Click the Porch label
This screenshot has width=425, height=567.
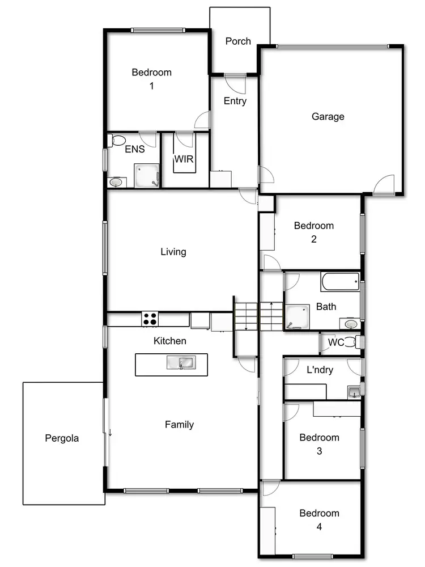238,41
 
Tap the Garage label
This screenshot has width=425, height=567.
328,117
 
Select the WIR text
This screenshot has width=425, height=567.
184,159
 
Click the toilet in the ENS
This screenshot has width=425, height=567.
118,139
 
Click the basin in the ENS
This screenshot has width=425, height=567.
116,182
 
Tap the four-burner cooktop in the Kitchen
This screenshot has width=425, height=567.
150,319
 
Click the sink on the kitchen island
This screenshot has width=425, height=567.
181,362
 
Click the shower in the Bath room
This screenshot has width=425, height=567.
297,317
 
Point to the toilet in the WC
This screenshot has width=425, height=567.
351,342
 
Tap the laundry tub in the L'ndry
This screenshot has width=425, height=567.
354,391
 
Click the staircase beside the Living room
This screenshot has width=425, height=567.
258,316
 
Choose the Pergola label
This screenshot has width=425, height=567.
62,438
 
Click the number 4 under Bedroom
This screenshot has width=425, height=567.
320,527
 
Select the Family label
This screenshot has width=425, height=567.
179,424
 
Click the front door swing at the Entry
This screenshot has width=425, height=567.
234,83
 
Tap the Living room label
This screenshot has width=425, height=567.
173,252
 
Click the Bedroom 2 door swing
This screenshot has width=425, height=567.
272,263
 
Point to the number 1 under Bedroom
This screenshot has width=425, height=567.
151,86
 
